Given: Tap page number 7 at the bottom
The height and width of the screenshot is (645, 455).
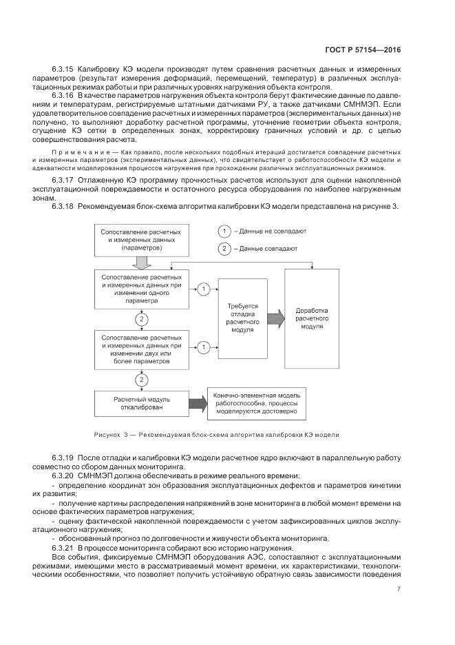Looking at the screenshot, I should (x=399, y=588).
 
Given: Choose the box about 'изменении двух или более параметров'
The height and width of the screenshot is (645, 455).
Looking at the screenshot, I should (x=142, y=349).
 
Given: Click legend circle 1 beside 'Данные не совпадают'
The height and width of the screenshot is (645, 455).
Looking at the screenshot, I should (x=224, y=232).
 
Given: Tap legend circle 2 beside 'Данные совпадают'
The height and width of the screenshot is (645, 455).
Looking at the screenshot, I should (x=224, y=249).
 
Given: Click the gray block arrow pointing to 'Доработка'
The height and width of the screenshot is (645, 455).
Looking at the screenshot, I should (x=274, y=317).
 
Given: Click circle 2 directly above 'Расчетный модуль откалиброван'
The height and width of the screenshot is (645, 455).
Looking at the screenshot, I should (x=142, y=379).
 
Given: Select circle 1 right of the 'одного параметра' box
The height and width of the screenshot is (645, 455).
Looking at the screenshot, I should (x=204, y=289).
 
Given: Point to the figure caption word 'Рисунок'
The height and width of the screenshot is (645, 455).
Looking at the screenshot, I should (x=107, y=434).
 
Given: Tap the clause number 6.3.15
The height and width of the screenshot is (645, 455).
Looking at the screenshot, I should (x=63, y=70).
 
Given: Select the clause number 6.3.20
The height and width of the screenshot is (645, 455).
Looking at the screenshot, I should (x=63, y=475).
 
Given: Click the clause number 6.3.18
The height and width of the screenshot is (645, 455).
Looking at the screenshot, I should (x=63, y=205).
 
